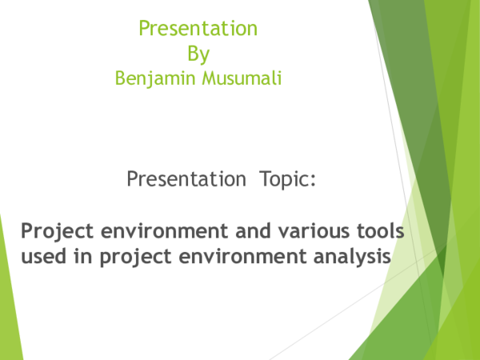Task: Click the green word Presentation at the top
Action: coord(198,29)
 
